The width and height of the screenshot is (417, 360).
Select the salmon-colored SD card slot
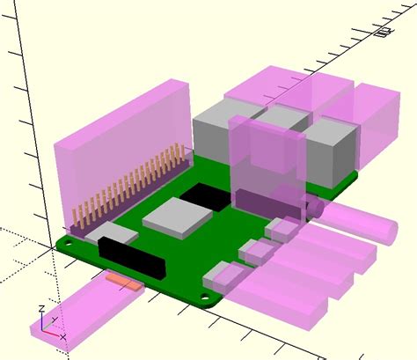pos(123,282)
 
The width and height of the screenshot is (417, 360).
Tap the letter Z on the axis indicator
pos(41,311)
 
